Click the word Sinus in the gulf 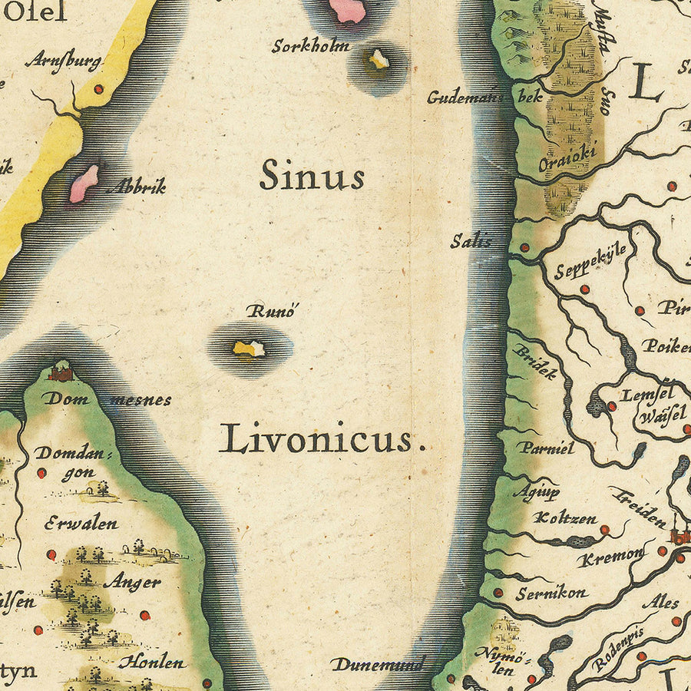coord(311,175)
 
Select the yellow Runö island coord(250,349)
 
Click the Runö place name coord(271,312)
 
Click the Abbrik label coord(136,187)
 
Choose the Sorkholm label coord(310,46)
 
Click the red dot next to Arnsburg coord(98,89)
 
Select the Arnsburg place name coord(63,61)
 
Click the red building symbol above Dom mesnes coord(61,373)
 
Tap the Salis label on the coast coord(471,240)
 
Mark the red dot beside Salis coord(524,248)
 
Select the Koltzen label coord(567,518)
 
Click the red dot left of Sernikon coord(498,592)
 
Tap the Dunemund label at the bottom coord(377,665)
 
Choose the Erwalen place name coord(81,524)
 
